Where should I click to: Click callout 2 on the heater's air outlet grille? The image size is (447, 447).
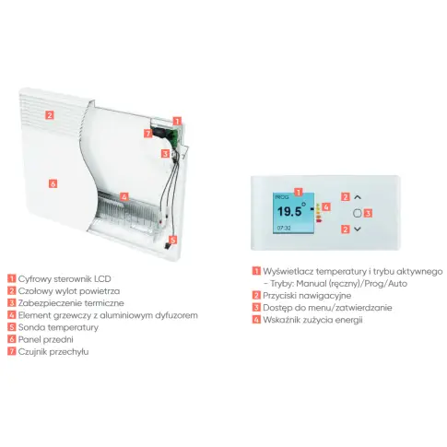click(x=50, y=115)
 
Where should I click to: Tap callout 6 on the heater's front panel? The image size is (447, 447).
click(x=53, y=183)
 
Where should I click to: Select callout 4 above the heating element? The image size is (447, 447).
click(x=124, y=196)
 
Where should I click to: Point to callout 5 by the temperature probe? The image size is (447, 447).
click(x=173, y=240)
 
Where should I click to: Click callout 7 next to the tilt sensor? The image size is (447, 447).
click(x=148, y=134)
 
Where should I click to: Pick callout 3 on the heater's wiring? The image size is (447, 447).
click(x=165, y=153)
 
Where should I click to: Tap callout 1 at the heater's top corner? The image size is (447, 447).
click(x=177, y=121)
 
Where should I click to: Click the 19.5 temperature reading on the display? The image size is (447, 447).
click(x=290, y=211)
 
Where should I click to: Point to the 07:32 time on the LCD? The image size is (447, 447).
click(x=284, y=228)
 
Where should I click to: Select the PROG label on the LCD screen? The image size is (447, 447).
click(x=282, y=197)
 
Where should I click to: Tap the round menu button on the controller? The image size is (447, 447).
click(x=358, y=213)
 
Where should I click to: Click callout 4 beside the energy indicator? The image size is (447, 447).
click(x=326, y=206)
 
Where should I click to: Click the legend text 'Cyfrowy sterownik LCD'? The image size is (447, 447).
click(x=65, y=279)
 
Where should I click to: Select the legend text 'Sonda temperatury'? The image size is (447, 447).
click(x=58, y=327)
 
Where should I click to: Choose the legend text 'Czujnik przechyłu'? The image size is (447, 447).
click(x=53, y=352)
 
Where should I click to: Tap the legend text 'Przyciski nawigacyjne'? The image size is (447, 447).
click(x=307, y=296)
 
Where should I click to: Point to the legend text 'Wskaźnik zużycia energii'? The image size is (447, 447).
click(x=312, y=320)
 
